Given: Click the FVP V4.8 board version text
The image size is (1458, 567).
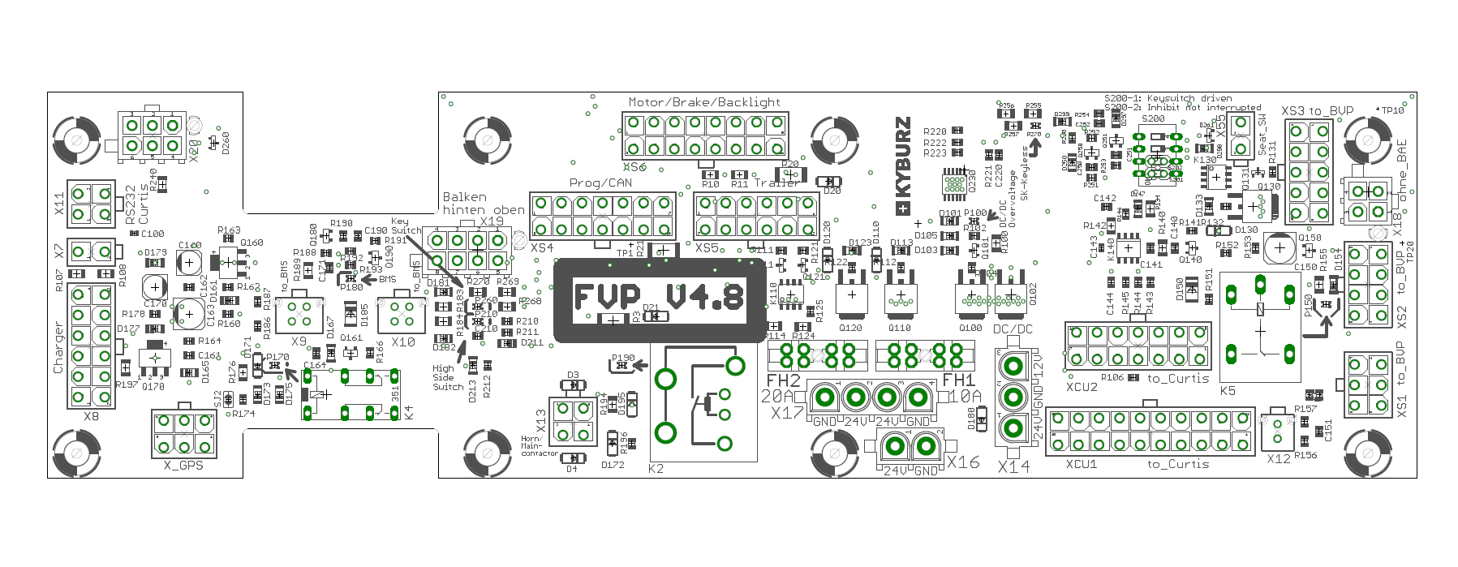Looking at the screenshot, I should click(x=659, y=297).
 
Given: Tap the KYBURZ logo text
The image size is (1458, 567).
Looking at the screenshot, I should click(x=902, y=166).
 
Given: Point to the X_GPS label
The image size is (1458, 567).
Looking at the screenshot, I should click(x=183, y=466).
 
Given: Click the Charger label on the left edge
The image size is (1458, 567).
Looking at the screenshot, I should click(x=58, y=347).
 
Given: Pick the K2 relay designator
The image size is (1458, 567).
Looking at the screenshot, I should click(x=656, y=468).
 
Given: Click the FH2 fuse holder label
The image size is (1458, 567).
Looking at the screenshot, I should click(x=783, y=380).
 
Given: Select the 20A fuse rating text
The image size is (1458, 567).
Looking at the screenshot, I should click(x=777, y=396).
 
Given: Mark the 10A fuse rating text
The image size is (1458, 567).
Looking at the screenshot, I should click(x=965, y=396).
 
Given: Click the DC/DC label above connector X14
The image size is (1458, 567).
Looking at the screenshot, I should click(x=1013, y=329).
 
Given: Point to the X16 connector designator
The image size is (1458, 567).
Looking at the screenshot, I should click(x=963, y=462).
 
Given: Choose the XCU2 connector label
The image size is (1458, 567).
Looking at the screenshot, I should click(x=1082, y=387).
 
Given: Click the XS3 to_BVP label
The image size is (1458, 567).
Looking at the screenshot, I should click(x=1318, y=111).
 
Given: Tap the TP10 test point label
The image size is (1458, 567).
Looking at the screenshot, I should click(x=1392, y=110).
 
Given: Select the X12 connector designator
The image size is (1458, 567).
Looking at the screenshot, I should click(x=1278, y=459).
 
